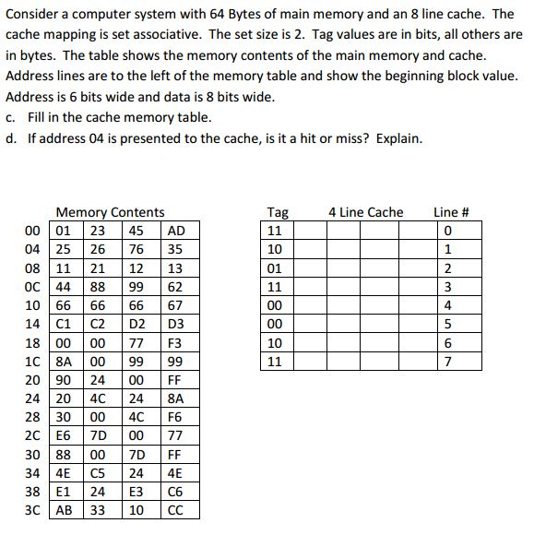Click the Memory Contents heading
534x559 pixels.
[x=110, y=212]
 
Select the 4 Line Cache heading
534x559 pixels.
[x=365, y=212]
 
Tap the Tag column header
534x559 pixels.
[x=277, y=212]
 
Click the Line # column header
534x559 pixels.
[x=451, y=212]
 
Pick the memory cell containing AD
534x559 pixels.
[x=177, y=231]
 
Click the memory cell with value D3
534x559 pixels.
[x=177, y=324]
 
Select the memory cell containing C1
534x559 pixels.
[x=65, y=324]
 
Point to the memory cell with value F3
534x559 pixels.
[x=177, y=343]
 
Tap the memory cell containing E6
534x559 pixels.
[x=65, y=435]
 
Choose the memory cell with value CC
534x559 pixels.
[x=177, y=510]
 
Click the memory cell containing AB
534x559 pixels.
[x=65, y=510]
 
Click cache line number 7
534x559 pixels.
[x=448, y=362]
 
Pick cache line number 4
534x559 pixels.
[x=448, y=305]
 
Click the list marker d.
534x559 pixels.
[x=9, y=138]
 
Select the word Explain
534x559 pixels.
[x=397, y=138]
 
